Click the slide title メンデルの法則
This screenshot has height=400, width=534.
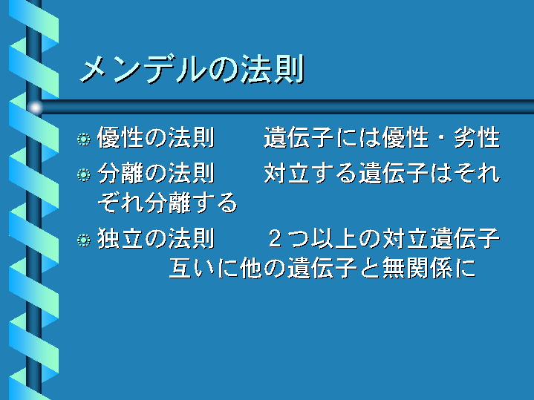click(x=192, y=70)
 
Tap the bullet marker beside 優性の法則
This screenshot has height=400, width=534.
click(x=84, y=140)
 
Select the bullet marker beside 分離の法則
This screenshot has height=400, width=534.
click(x=84, y=174)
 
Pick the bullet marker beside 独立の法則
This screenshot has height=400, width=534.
click(x=84, y=240)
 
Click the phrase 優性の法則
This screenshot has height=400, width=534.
click(x=156, y=137)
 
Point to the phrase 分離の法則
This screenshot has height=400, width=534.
click(x=156, y=173)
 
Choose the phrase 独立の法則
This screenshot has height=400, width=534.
click(x=156, y=238)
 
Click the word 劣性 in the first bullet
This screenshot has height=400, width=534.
click(x=477, y=137)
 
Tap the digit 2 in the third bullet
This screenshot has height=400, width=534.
click(x=276, y=239)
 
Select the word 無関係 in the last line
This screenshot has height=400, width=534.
click(x=418, y=268)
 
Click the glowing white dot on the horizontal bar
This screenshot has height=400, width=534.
click(x=35, y=108)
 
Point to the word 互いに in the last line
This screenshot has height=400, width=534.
click(x=203, y=268)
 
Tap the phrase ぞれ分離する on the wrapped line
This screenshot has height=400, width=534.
click(x=167, y=203)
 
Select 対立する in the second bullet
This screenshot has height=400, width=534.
click(x=310, y=173)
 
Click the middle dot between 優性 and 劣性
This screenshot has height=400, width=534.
click(x=441, y=138)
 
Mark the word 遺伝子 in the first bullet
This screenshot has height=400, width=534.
click(x=299, y=137)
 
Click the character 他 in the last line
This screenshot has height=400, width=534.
click(x=251, y=268)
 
